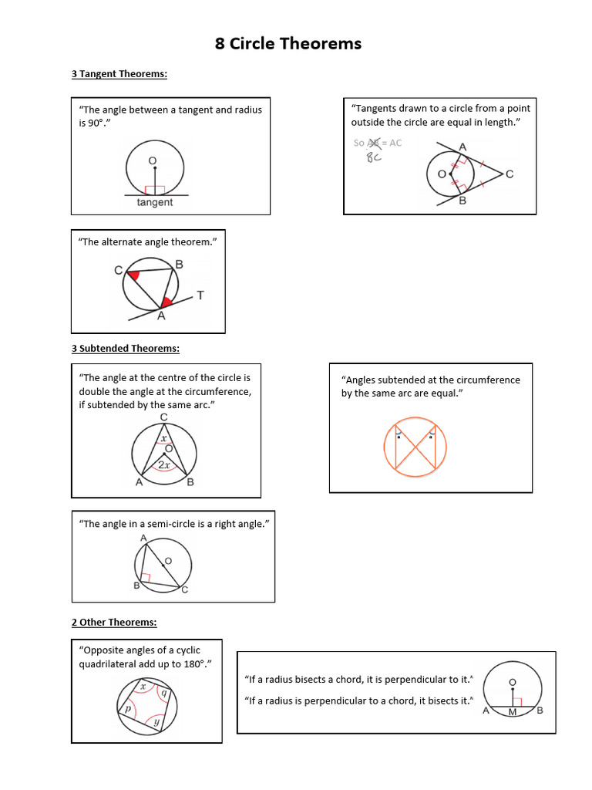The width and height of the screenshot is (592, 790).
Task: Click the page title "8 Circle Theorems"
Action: (288, 44)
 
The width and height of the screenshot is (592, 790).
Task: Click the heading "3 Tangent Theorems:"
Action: (119, 74)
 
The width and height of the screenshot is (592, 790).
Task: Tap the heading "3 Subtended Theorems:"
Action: (125, 348)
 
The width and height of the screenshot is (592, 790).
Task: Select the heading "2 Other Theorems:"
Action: (113, 622)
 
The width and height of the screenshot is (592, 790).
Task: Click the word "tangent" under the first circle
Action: (155, 202)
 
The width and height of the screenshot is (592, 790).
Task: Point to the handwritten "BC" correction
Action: (374, 156)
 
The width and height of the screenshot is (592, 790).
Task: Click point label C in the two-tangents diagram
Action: (510, 175)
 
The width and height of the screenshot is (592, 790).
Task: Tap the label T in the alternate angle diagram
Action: (200, 295)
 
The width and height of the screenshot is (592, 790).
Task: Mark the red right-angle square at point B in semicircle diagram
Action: (145, 576)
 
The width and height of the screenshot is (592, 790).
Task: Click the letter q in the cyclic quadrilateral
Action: (163, 692)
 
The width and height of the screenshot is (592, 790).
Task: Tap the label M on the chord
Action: (512, 712)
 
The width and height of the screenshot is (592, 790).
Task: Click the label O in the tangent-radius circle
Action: (152, 160)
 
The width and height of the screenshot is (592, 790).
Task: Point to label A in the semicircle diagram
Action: (143, 538)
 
